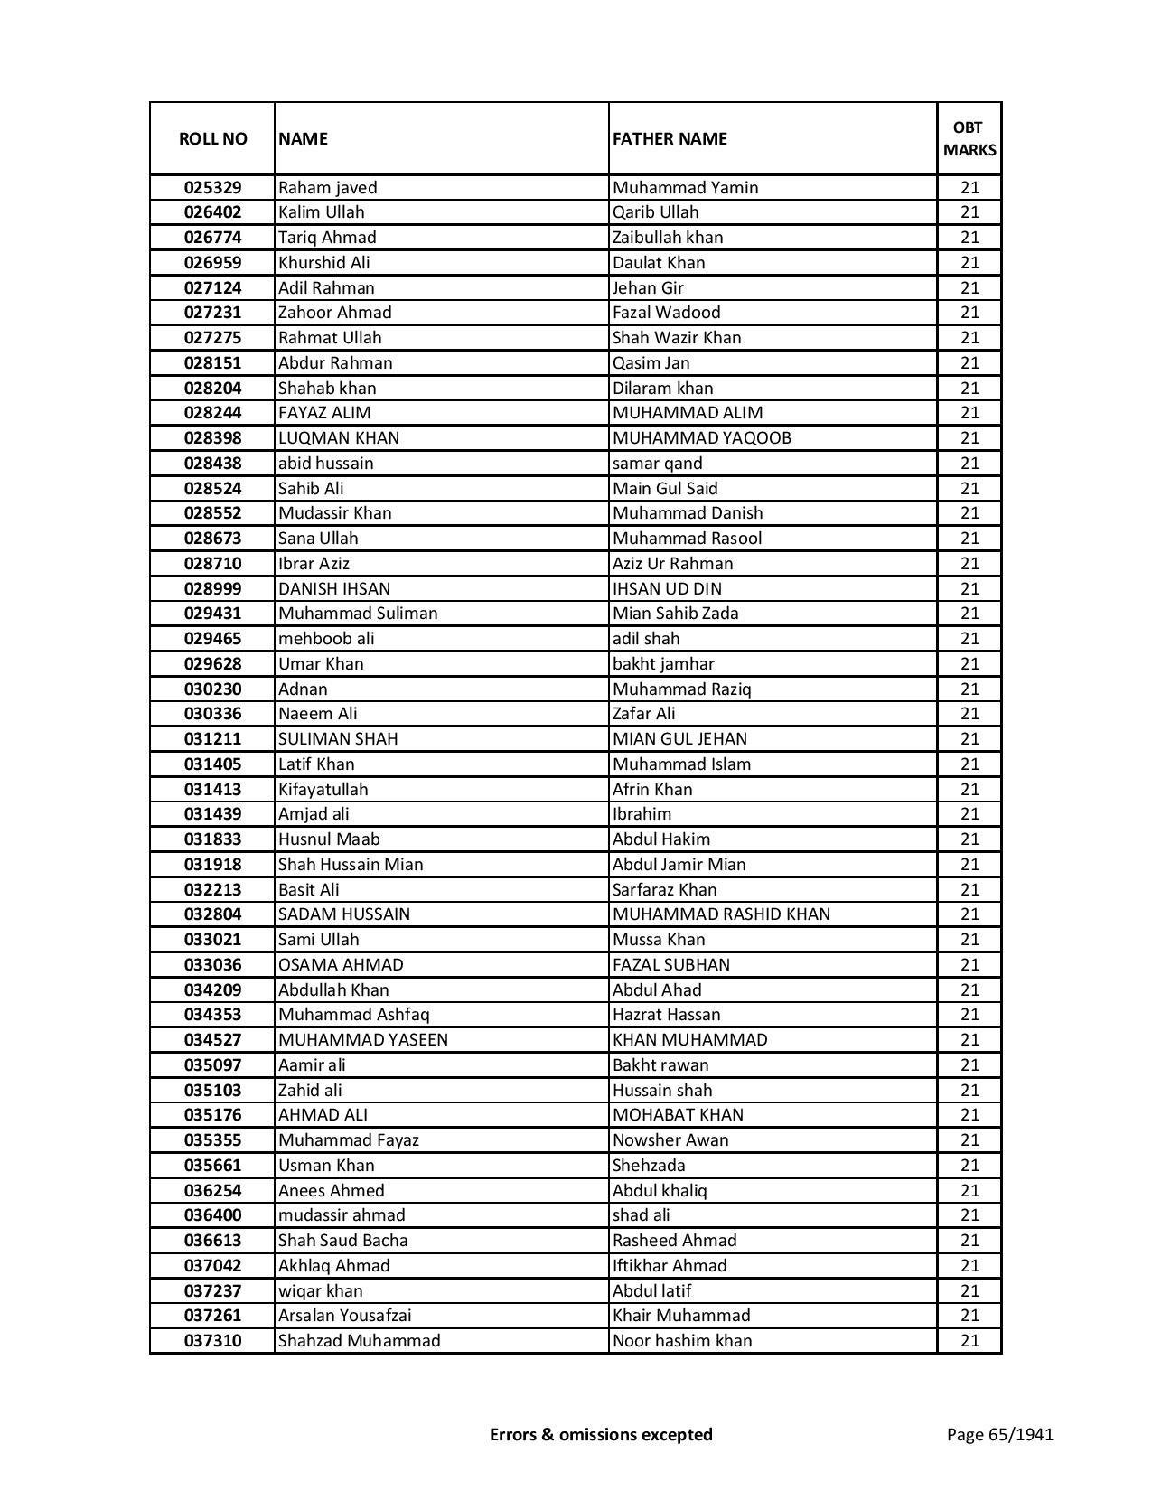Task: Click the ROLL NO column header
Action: point(212,138)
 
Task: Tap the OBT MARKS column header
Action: point(969,138)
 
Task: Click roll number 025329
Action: point(212,188)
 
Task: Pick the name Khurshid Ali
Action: point(323,263)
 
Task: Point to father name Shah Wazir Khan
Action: point(677,338)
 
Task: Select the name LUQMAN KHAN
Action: point(339,438)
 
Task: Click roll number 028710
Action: point(212,564)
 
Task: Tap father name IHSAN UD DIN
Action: point(667,589)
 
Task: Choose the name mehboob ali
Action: point(326,639)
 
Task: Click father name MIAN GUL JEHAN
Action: point(679,739)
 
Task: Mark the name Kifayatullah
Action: point(323,790)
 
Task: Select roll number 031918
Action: point(212,865)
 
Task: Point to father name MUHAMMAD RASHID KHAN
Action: point(721,914)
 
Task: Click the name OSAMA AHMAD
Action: point(341,965)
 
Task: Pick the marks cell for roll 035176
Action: point(969,1115)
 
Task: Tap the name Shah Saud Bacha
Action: point(342,1241)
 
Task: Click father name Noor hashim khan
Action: point(682,1341)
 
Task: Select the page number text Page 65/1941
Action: point(999,1434)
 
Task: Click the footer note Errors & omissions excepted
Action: point(601,1434)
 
